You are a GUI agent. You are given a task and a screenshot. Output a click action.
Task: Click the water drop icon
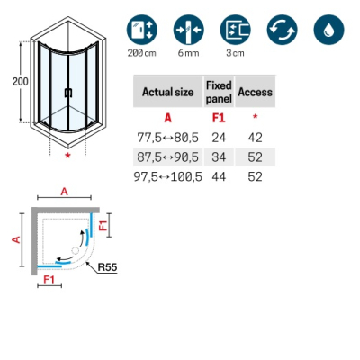tap(328, 30)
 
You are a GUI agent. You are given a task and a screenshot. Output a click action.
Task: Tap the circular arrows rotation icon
tap(283, 30)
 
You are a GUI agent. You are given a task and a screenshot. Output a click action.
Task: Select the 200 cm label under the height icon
tap(142, 53)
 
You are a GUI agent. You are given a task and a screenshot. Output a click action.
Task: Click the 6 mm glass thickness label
tap(188, 53)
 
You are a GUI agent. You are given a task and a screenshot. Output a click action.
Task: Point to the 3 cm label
tap(235, 53)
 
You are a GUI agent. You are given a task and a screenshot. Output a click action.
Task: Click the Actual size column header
tap(168, 92)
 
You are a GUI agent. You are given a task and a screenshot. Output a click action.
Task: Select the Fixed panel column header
tap(219, 92)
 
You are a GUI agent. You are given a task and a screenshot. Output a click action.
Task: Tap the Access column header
tap(256, 92)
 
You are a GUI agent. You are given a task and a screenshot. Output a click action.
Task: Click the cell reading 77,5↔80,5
tap(168, 138)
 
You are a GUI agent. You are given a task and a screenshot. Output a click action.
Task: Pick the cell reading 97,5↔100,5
tap(168, 176)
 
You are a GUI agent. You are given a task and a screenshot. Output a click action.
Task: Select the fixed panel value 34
tap(219, 157)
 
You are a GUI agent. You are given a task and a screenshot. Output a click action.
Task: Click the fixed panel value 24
tap(219, 138)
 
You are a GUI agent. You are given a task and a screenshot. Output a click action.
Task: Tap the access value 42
tap(256, 138)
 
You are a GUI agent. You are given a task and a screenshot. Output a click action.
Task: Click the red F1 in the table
tap(219, 118)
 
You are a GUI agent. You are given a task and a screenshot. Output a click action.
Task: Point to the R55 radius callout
tap(108, 266)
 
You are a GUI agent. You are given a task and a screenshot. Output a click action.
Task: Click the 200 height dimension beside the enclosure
tap(21, 81)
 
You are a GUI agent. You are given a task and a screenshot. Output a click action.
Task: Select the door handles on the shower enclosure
tap(68, 93)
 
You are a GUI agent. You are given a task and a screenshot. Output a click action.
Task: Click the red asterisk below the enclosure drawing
tap(68, 156)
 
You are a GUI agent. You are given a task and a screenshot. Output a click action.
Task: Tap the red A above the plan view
tap(65, 192)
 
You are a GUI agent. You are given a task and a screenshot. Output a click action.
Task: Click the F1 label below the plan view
tap(49, 279)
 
